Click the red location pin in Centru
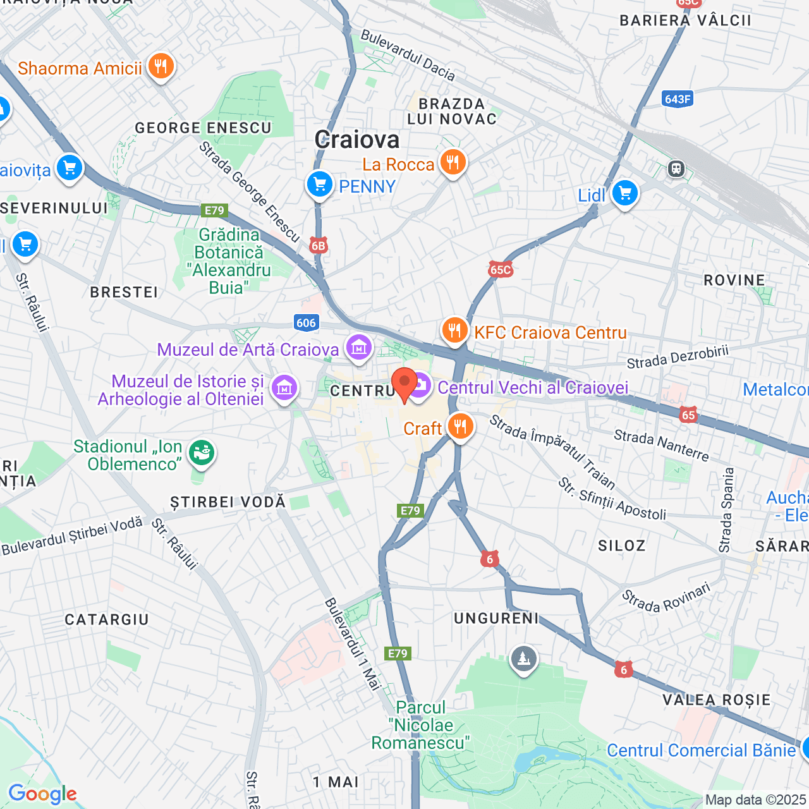(x=404, y=383)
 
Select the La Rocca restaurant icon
(x=453, y=163)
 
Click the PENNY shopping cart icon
(x=320, y=185)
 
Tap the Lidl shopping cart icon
(x=624, y=193)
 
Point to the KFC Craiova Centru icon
(x=454, y=330)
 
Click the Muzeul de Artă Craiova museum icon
(x=358, y=348)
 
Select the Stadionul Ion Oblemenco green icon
(x=202, y=453)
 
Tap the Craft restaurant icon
(x=460, y=427)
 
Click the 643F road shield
(x=678, y=99)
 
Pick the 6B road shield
(x=319, y=246)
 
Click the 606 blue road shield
(x=306, y=323)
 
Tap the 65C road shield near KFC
(x=500, y=270)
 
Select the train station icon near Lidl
(x=676, y=169)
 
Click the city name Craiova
(x=357, y=140)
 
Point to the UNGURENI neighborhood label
(x=496, y=618)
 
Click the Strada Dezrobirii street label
(x=678, y=357)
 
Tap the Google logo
(x=42, y=794)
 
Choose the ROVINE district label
(x=734, y=280)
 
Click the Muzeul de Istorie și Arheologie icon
(x=284, y=388)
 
